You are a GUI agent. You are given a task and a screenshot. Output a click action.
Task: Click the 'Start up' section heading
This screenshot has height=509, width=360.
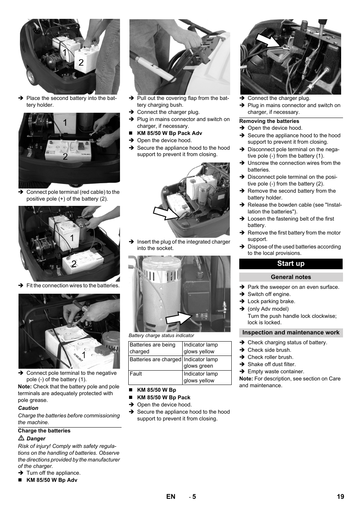click(x=291, y=264)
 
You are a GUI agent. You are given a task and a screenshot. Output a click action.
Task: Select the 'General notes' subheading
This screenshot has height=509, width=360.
click(x=291, y=277)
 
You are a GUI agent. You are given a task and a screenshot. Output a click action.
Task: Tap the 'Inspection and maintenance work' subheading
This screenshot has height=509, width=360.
click(x=291, y=333)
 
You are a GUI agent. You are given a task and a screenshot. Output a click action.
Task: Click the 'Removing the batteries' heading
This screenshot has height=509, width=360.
click(x=269, y=121)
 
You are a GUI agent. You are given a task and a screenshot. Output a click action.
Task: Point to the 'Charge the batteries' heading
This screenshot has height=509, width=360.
click(x=44, y=431)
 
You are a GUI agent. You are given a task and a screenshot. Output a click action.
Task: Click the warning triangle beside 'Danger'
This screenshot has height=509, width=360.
click(x=22, y=438)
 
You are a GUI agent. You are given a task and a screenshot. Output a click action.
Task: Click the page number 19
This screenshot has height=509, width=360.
click(x=340, y=497)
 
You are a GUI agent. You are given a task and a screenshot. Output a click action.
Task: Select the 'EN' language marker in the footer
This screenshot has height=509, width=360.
click(x=171, y=497)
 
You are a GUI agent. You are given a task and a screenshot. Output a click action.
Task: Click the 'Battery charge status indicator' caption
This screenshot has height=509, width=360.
click(x=161, y=336)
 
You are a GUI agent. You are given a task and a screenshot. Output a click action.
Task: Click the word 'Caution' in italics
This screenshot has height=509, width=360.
click(x=28, y=408)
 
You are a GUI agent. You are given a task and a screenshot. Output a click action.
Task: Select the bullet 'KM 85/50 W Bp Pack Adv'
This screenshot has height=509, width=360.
click(x=169, y=133)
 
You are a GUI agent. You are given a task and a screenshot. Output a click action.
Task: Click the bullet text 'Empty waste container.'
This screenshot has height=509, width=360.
click(x=275, y=371)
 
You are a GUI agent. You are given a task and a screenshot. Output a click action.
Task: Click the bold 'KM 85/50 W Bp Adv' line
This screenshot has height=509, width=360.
click(x=52, y=480)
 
